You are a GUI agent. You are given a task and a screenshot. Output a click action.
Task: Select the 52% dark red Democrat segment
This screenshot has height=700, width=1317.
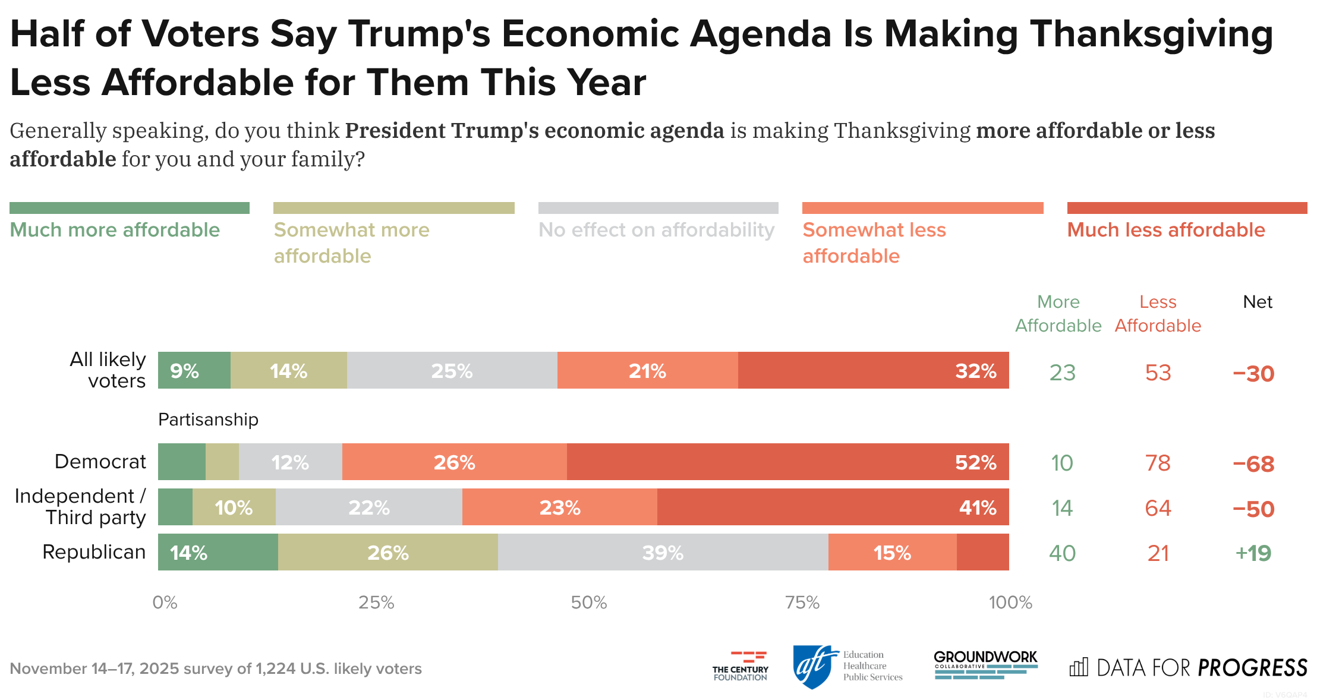tap(787, 462)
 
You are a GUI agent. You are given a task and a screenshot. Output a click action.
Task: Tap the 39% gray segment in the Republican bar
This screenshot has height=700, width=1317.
tap(663, 552)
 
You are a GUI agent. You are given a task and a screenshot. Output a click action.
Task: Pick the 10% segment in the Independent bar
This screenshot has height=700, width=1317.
tap(234, 507)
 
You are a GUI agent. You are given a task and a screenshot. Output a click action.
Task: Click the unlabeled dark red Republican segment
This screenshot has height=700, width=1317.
tap(982, 552)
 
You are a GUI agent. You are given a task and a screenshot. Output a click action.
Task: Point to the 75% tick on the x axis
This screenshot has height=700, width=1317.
tap(802, 603)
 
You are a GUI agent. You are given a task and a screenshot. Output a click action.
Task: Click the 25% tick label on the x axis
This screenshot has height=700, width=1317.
tap(376, 603)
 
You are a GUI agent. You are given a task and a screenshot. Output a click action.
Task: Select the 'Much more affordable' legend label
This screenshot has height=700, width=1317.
tap(115, 230)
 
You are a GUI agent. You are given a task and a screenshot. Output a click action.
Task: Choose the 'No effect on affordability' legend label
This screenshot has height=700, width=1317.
tap(656, 230)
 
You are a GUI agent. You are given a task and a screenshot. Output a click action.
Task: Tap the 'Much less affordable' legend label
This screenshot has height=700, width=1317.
tap(1166, 230)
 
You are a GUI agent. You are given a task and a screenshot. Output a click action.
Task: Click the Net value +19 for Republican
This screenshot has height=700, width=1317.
tap(1253, 553)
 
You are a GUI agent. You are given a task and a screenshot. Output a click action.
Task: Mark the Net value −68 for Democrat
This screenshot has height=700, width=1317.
tap(1253, 463)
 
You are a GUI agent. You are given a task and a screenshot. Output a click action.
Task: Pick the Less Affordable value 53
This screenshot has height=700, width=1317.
tap(1158, 373)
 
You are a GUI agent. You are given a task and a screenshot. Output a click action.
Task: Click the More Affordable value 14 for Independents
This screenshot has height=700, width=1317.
tap(1062, 508)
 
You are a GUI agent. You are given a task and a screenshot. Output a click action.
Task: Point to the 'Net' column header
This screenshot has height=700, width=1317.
tap(1258, 302)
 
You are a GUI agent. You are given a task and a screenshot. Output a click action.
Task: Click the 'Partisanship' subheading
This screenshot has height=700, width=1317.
tap(208, 420)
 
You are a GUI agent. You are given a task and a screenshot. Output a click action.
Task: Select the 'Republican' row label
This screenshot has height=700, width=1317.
tap(94, 552)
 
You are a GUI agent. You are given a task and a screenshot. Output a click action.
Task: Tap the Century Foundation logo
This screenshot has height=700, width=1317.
tap(741, 666)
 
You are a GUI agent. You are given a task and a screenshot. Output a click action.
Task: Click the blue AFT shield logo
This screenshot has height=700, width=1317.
tap(812, 667)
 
